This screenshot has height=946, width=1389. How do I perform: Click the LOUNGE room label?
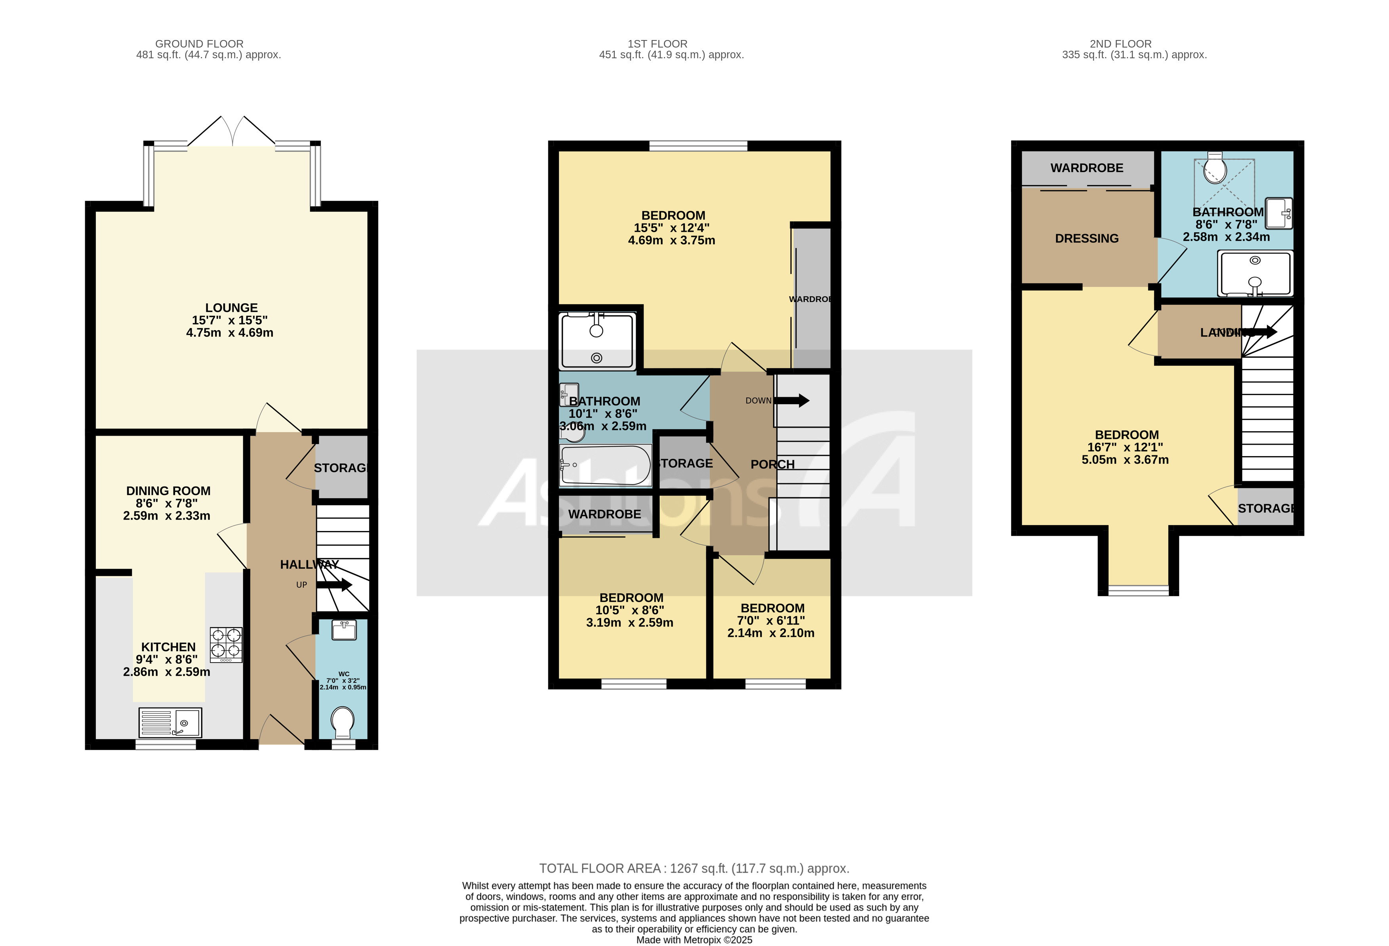[231, 308]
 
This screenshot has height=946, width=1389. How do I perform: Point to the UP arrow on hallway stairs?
[333, 585]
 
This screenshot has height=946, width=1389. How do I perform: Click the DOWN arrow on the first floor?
[792, 401]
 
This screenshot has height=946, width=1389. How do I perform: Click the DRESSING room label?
[1086, 239]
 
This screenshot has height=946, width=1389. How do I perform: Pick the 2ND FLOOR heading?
[1120, 44]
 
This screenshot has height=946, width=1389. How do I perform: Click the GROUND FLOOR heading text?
[199, 44]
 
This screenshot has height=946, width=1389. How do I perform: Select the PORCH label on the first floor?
[772, 464]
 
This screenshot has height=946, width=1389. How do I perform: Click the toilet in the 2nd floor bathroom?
[1214, 168]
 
